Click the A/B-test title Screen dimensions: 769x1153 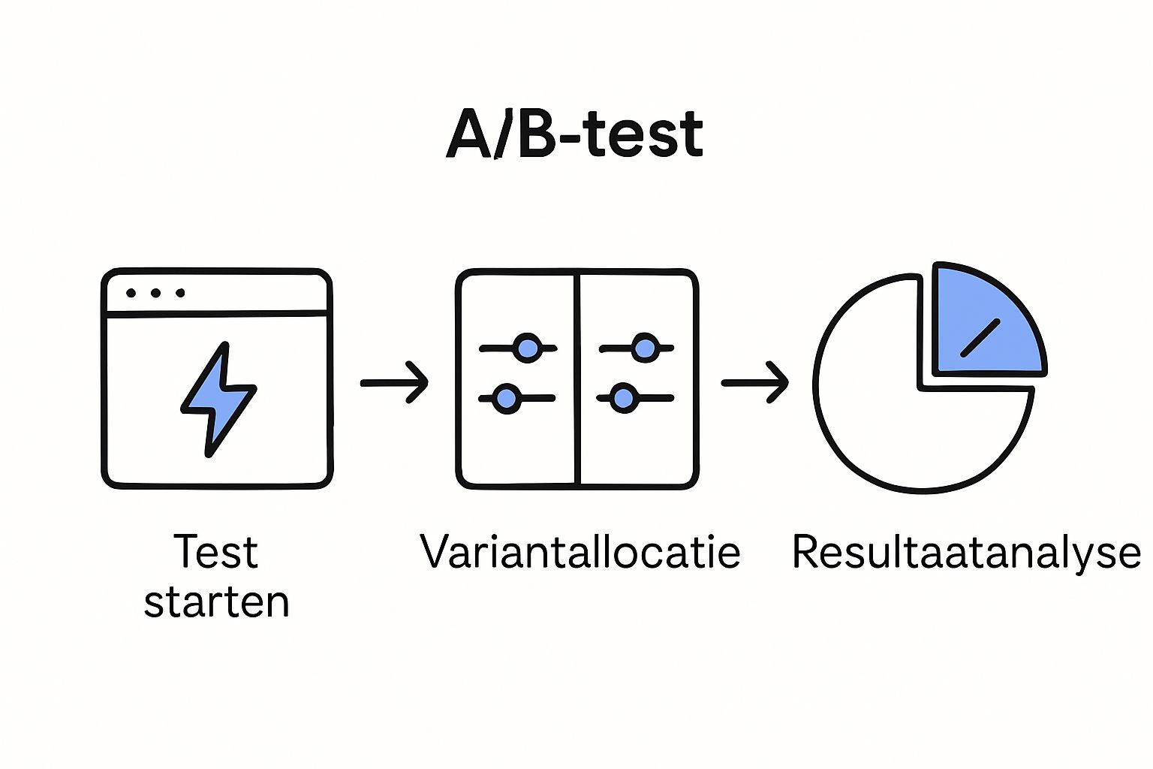[x=574, y=134]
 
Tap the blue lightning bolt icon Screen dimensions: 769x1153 [x=218, y=399]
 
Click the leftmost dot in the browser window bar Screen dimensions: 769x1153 [x=131, y=293]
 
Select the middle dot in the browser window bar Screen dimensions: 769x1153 [x=156, y=293]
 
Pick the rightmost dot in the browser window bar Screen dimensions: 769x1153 [x=180, y=293]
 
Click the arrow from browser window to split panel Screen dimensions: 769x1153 [x=395, y=383]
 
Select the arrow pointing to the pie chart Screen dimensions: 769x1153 [x=755, y=383]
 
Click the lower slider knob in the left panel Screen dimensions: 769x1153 [x=507, y=398]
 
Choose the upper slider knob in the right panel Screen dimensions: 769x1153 [x=645, y=348]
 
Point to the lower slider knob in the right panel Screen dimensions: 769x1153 [x=623, y=398]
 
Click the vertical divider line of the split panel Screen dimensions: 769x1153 [x=577, y=379]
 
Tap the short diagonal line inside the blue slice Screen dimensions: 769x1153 [x=980, y=338]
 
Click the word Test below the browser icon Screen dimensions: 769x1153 [x=215, y=552]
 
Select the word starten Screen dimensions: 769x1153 [x=217, y=602]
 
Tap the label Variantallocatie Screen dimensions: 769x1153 [x=580, y=552]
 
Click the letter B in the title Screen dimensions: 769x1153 [x=536, y=134]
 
